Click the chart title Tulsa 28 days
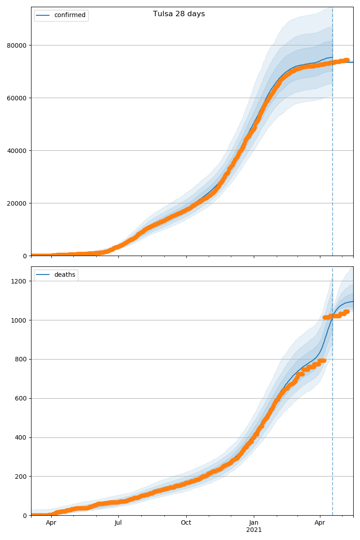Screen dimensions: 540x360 click(x=179, y=14)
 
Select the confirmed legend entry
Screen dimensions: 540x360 click(x=69, y=15)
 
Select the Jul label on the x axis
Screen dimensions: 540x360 click(x=118, y=523)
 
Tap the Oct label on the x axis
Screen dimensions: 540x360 click(x=186, y=523)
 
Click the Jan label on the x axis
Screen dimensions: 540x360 click(x=254, y=523)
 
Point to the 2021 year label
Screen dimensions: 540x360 click(x=254, y=530)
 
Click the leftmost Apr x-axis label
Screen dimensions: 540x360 click(x=51, y=523)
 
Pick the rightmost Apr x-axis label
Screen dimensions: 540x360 click(x=320, y=523)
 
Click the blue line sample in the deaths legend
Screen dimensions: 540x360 click(x=44, y=275)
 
